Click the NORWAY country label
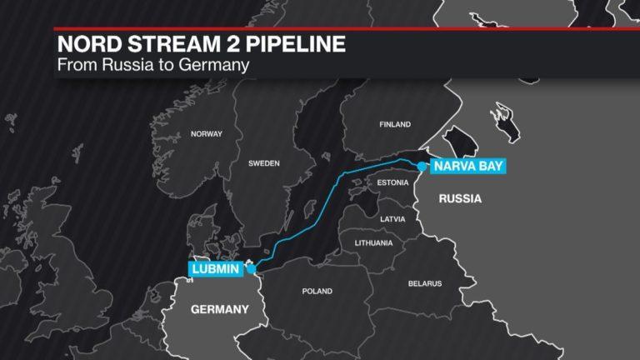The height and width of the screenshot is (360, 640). [207, 134]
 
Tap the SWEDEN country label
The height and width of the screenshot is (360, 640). [263, 163]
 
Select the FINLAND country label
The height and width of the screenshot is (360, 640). [395, 125]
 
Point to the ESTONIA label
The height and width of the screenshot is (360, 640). [392, 182]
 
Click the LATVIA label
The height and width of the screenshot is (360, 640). [392, 219]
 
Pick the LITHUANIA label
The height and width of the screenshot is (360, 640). [373, 243]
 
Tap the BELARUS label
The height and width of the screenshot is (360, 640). [425, 283]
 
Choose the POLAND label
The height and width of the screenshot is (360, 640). [317, 291]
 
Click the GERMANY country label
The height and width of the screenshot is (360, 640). [220, 309]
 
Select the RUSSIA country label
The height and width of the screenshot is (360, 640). [460, 199]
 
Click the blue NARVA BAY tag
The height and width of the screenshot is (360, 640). [467, 167]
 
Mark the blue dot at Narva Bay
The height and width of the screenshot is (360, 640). [422, 167]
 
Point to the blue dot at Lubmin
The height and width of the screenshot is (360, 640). [251, 268]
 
